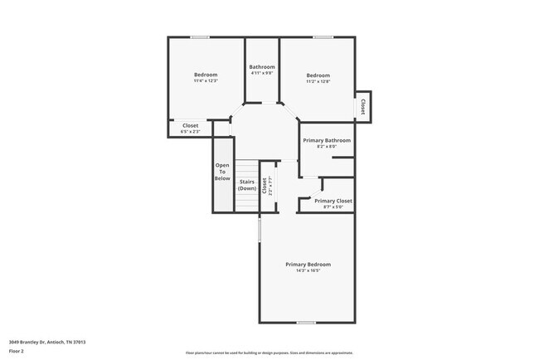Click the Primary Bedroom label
[308, 265]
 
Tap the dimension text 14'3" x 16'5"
[308, 271]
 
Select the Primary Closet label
[333, 201]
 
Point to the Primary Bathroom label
[327, 140]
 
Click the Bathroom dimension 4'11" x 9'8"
[262, 74]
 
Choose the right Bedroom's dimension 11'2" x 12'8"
[318, 81]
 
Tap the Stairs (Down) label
[247, 185]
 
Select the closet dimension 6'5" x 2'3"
[191, 132]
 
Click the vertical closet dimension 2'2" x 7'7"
[270, 187]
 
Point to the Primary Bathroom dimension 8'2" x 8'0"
[327, 147]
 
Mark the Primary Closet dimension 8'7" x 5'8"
[333, 207]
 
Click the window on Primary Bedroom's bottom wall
[307, 322]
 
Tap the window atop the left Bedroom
[200, 36]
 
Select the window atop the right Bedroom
[323, 36]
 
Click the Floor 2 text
[18, 350]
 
